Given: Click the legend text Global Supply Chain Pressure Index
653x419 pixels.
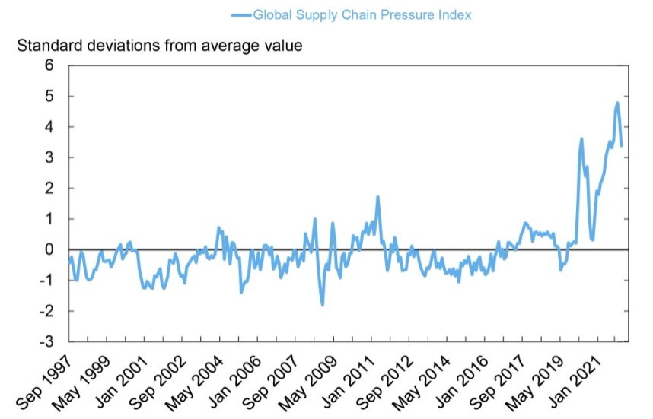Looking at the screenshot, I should click(362, 14).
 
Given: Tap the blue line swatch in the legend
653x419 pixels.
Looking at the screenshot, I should click(241, 14).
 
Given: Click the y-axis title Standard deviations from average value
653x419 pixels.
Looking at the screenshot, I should click(160, 46).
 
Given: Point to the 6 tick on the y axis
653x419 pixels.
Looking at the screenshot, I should click(49, 65).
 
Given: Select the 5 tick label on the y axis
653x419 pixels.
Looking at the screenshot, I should click(49, 97).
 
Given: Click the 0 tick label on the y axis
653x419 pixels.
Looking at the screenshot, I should click(49, 249).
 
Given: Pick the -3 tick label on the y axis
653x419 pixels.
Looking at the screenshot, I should click(46, 341).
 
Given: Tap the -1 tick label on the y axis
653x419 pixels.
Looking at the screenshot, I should click(46, 281).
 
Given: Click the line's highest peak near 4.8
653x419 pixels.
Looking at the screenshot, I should click(616, 103).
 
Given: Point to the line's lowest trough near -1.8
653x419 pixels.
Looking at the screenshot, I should click(323, 305).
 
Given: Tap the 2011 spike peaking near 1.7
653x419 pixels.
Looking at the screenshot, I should click(377, 197).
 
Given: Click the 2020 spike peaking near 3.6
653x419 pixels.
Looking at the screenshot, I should click(581, 139).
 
